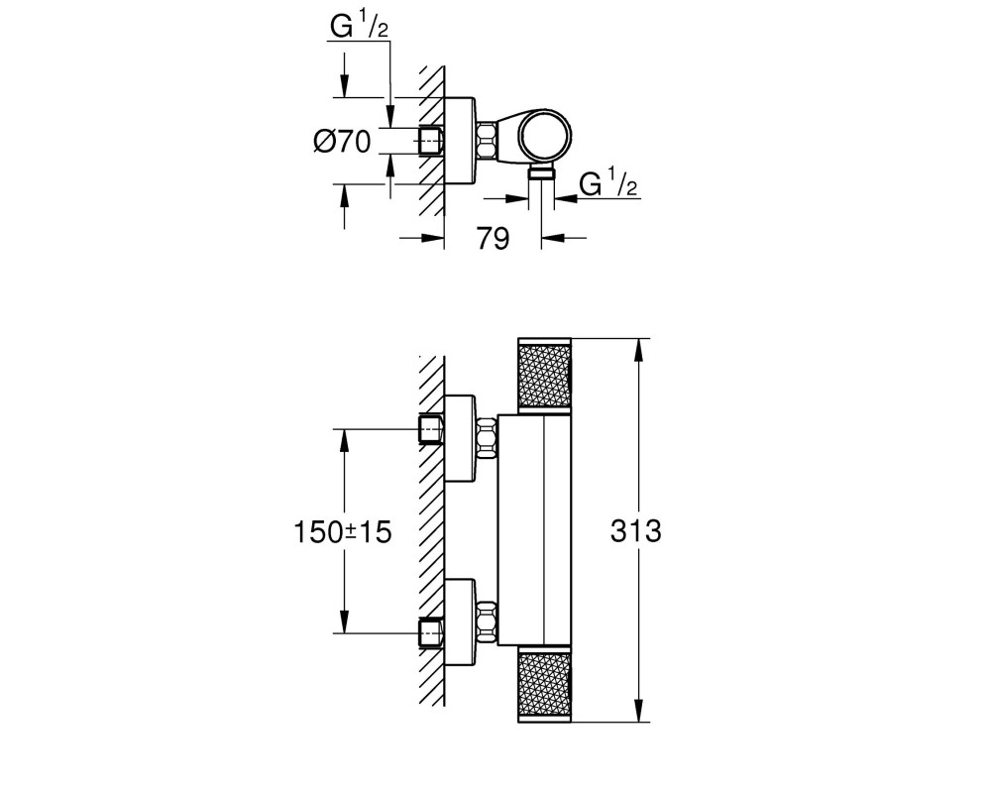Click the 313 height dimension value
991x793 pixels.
[x=636, y=531]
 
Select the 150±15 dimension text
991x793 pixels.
[x=343, y=532]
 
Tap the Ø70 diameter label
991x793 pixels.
[x=342, y=141]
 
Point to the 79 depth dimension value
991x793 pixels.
[x=493, y=239]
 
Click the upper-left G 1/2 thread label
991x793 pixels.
[x=359, y=26]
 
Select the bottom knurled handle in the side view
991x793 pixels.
[x=544, y=684]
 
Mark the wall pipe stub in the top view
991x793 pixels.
[x=432, y=141]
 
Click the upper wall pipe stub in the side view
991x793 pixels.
[x=432, y=429]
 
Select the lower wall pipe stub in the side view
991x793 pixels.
[x=432, y=632]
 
